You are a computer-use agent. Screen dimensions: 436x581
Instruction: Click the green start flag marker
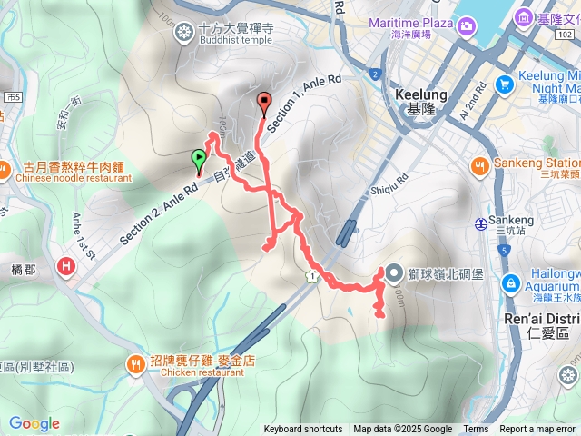click(x=199, y=160)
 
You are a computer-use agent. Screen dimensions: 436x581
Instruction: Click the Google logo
click(x=34, y=423)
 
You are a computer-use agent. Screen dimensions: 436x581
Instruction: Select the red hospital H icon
click(x=66, y=267)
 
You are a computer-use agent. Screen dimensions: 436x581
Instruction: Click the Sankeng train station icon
click(x=479, y=223)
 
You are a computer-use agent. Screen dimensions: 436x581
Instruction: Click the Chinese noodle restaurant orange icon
click(x=6, y=169)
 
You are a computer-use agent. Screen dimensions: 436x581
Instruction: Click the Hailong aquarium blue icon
click(x=514, y=282)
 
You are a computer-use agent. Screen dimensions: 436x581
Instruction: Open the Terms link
click(x=476, y=430)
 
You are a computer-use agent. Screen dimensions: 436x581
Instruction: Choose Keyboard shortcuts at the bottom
click(x=303, y=430)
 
